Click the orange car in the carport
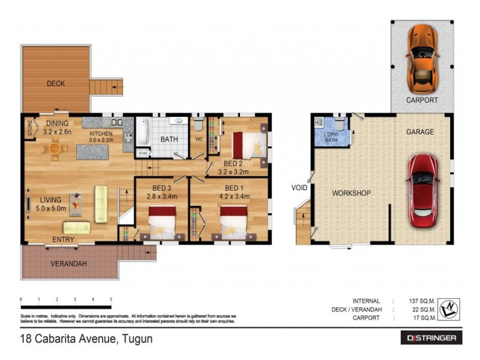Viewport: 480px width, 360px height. click(421, 56)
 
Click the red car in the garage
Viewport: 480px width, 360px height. click(424, 187)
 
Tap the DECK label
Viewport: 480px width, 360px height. click(56, 84)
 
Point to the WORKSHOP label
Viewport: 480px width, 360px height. click(351, 193)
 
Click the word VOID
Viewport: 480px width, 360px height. click(299, 188)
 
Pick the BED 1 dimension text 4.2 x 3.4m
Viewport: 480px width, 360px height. click(228, 194)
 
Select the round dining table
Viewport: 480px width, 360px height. click(55, 148)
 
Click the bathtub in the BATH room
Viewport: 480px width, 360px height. click(143, 133)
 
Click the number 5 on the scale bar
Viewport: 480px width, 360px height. click(111, 299)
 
